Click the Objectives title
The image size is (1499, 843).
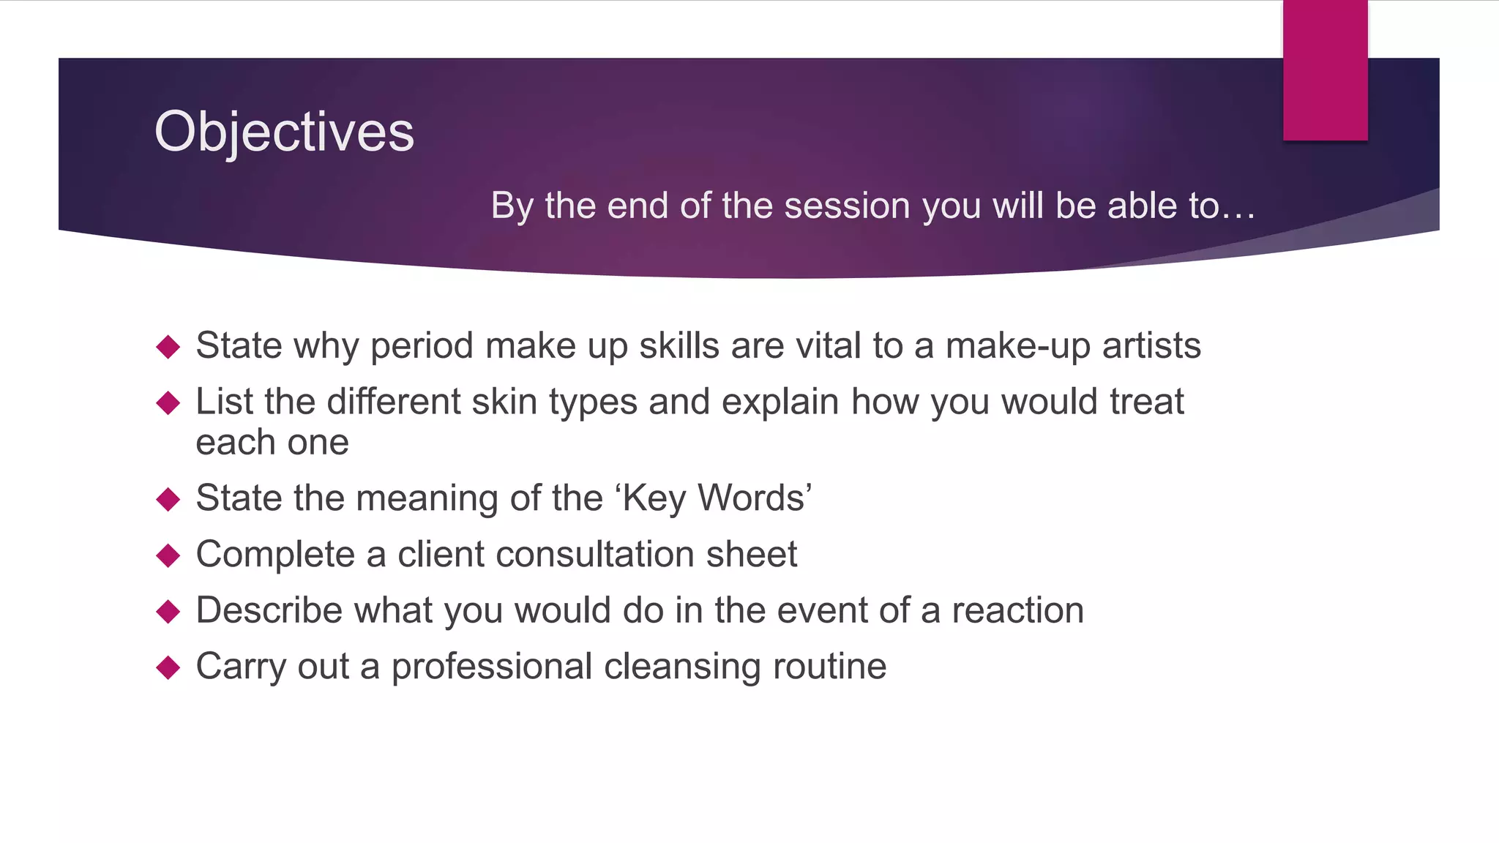[284, 132]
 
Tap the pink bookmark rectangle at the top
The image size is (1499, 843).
[1325, 70]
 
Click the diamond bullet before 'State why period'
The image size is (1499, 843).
[168, 347]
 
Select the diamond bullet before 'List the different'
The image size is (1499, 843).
[168, 402]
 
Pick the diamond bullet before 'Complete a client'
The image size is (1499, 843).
[168, 555]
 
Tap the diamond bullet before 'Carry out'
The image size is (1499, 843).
[168, 667]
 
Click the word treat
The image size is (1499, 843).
[1146, 402]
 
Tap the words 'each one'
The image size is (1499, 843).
[272, 442]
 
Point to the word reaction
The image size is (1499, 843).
[1017, 610]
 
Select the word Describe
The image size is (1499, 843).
[269, 610]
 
